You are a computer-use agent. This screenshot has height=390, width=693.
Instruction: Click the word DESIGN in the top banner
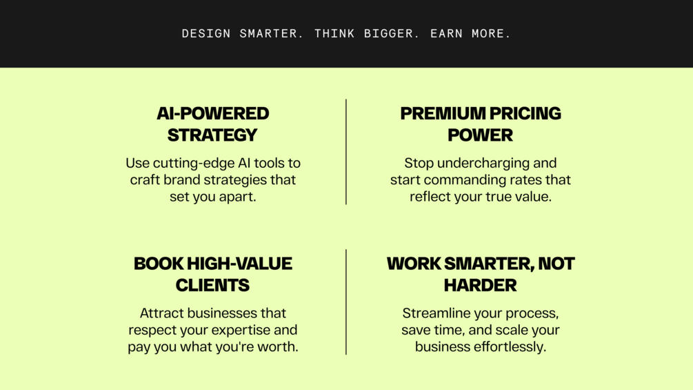pos(206,34)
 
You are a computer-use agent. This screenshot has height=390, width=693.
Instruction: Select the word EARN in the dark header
pos(446,34)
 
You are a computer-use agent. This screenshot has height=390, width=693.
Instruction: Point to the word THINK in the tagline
pos(334,34)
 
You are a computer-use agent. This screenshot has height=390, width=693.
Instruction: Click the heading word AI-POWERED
pos(212,114)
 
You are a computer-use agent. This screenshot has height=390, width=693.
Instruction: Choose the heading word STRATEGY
pos(212,135)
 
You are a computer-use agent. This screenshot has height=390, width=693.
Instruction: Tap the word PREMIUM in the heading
pos(443,114)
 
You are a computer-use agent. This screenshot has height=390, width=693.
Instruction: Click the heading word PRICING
pos(525,114)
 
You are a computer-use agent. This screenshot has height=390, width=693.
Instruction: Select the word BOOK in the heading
pos(158,264)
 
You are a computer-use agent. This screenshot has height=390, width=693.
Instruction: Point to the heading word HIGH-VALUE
pos(239,264)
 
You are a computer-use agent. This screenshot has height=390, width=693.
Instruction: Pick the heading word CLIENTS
pos(212,285)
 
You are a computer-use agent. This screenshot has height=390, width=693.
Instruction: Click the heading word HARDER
pos(481,285)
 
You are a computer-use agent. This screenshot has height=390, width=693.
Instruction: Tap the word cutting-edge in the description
pos(194,163)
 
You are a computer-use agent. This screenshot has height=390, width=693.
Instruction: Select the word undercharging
pos(483,163)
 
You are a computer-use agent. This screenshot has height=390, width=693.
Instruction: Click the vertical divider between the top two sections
pos(346,152)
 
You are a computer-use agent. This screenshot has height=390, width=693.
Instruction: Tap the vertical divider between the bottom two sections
pos(346,302)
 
